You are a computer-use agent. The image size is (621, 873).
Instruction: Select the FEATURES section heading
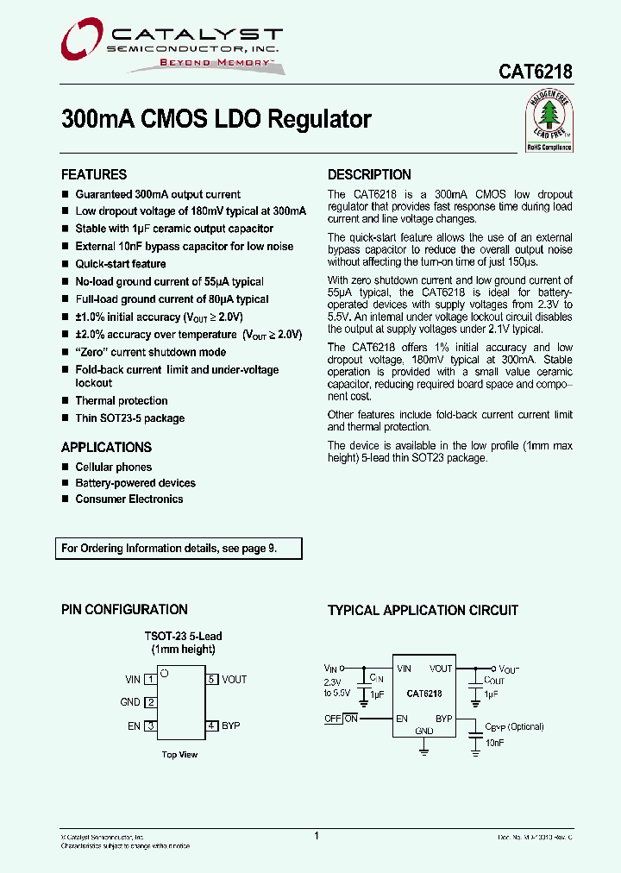[x=94, y=174]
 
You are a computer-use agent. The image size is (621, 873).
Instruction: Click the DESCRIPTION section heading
[x=369, y=174]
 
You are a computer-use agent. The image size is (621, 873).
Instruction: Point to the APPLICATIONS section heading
[x=106, y=447]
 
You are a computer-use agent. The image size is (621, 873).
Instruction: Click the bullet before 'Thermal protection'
[x=65, y=401]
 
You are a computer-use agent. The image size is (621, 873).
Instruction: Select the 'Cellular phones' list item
[x=113, y=467]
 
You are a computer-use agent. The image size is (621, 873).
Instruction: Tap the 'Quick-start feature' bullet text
[x=120, y=264]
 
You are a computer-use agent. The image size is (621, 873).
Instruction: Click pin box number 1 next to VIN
[x=150, y=680]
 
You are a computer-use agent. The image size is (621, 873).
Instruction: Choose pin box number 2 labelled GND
[x=150, y=702]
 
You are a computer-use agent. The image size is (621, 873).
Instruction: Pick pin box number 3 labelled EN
[x=150, y=726]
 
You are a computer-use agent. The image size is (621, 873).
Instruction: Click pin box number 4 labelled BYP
[x=211, y=726]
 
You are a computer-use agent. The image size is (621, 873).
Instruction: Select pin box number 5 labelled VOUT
[x=211, y=680]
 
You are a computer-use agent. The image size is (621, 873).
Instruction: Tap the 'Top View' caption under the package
[x=179, y=755]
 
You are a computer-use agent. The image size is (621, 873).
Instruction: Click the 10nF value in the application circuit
[x=494, y=742]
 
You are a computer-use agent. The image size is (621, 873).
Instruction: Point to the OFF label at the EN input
[x=332, y=719]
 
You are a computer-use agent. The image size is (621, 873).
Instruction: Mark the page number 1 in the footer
[x=317, y=836]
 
